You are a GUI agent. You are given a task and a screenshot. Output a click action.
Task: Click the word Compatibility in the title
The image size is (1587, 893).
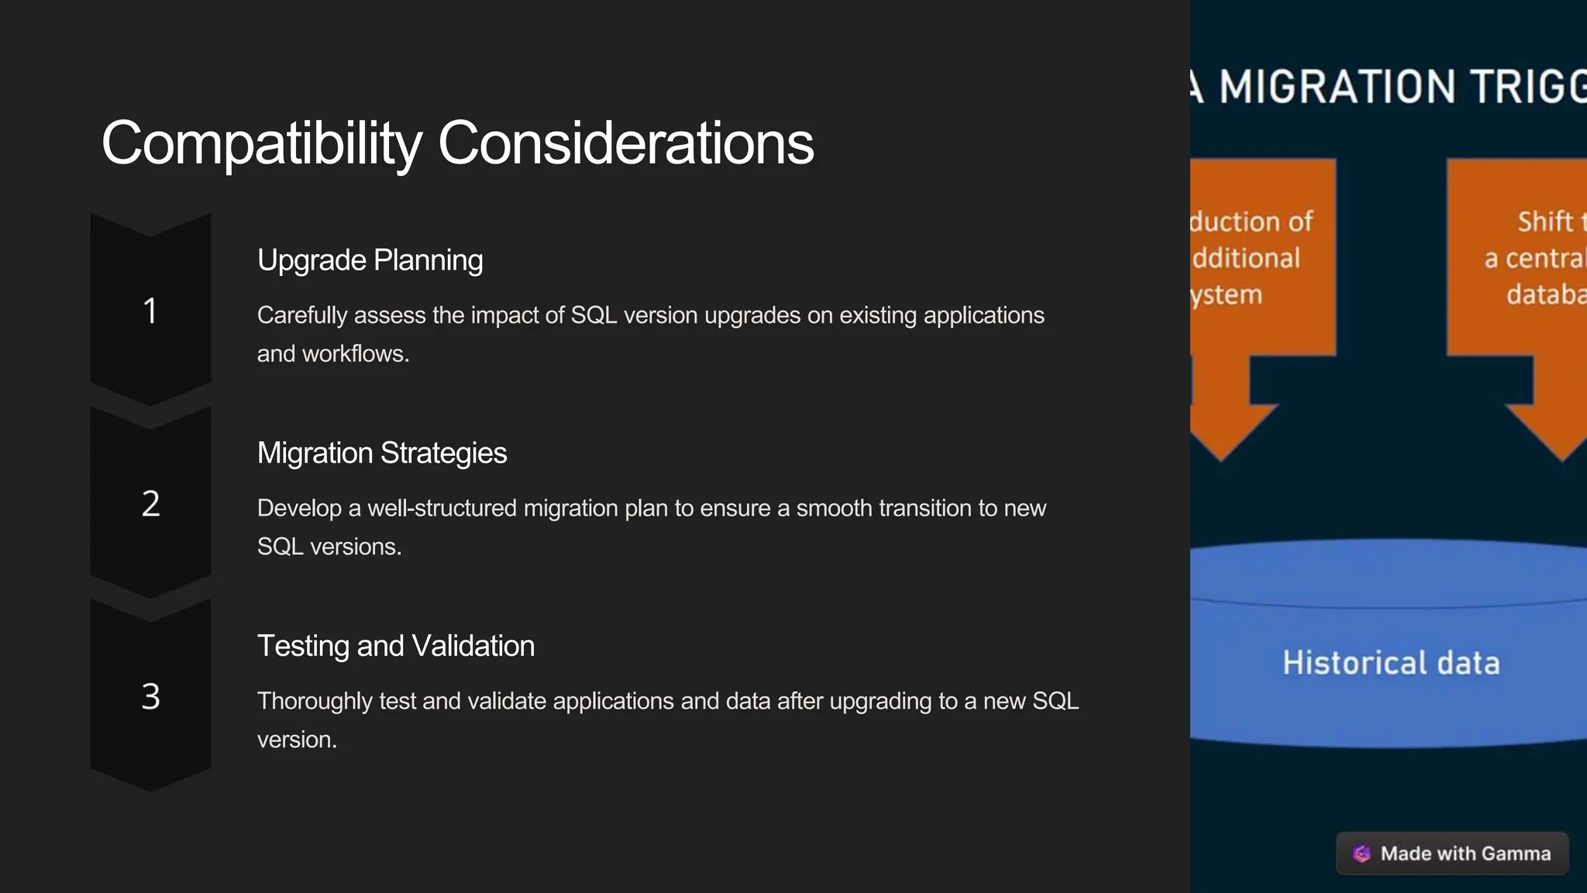click(x=261, y=143)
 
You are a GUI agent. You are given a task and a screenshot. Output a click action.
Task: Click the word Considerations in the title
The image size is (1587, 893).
click(x=625, y=143)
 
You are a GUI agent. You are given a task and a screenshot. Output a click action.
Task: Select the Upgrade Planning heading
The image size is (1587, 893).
click(x=370, y=260)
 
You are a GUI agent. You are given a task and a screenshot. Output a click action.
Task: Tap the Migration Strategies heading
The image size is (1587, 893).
click(x=381, y=453)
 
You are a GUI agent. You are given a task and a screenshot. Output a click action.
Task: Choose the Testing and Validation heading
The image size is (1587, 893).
click(x=395, y=646)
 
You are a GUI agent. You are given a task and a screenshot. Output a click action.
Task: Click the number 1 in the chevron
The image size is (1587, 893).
click(x=150, y=311)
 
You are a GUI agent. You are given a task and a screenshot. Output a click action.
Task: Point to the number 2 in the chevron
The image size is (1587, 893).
click(x=150, y=504)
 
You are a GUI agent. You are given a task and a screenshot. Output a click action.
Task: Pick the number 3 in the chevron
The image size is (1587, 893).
click(x=150, y=697)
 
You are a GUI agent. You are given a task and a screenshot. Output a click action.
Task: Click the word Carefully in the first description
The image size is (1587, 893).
click(x=302, y=315)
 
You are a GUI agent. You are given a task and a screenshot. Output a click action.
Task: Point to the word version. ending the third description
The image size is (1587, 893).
click(x=297, y=740)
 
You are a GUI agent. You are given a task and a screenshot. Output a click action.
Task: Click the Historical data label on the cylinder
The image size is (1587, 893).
click(x=1391, y=664)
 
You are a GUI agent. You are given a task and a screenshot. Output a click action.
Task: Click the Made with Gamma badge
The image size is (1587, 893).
click(x=1452, y=853)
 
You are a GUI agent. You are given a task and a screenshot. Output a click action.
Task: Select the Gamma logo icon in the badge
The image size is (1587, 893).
click(x=1362, y=853)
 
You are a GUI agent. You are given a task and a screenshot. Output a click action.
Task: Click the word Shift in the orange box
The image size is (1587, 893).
click(x=1544, y=222)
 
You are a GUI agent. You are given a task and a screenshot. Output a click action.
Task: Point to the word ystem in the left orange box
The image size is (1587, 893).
click(x=1227, y=295)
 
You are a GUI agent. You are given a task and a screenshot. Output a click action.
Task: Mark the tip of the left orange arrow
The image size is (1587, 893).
click(x=1222, y=460)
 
